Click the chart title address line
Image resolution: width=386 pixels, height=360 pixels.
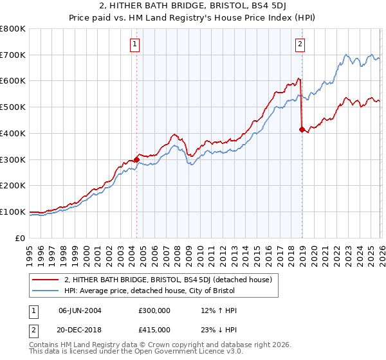[x=192, y=6]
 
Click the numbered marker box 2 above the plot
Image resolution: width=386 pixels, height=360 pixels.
[x=300, y=44]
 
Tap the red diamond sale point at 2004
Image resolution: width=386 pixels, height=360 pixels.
[x=136, y=159]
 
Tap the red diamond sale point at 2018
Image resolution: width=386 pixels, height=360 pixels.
[x=302, y=129]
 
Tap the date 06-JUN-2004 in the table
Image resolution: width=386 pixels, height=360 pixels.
[x=80, y=310]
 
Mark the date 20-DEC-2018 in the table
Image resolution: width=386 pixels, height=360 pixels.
[x=80, y=330]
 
